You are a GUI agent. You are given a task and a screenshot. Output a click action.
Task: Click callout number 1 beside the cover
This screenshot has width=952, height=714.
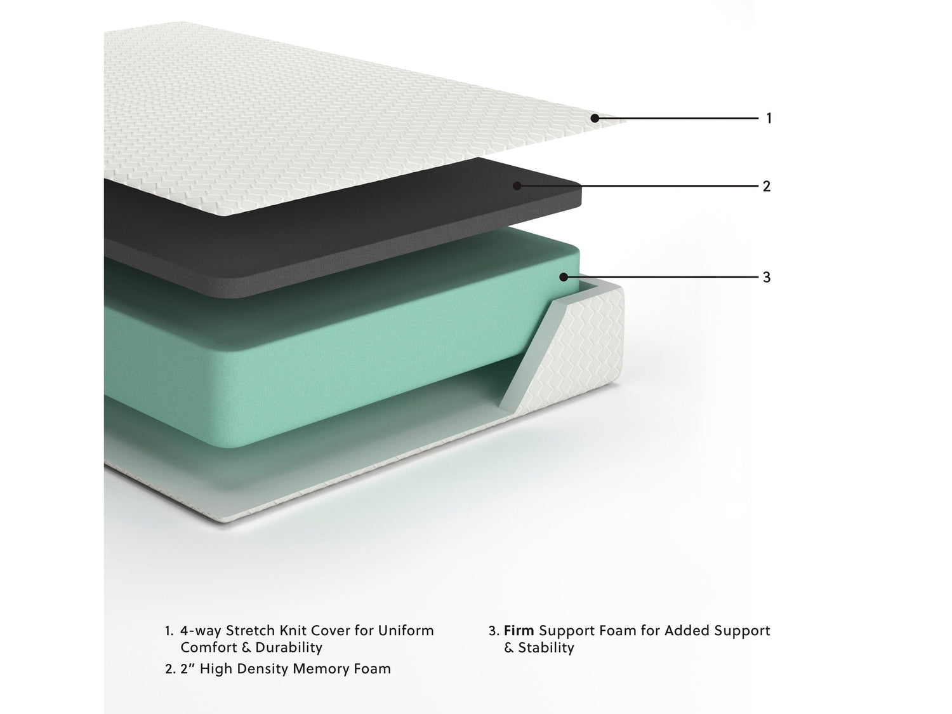[769, 118]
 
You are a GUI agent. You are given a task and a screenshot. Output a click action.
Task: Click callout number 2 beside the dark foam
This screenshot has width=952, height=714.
[767, 186]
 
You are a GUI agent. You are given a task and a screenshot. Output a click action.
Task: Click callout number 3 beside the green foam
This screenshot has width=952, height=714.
[767, 277]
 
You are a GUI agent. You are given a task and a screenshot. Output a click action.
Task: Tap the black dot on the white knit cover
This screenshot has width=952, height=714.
[595, 118]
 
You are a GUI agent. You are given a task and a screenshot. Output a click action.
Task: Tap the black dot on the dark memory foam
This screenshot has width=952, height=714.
[517, 186]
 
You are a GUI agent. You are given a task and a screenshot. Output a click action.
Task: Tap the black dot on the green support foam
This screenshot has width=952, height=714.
[564, 277]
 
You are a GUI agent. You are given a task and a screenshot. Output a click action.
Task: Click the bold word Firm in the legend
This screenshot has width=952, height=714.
[519, 631]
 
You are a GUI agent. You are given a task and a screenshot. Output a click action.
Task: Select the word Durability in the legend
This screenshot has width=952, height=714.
[289, 648]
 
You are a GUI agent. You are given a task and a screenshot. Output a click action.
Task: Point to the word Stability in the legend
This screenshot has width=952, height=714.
[546, 648]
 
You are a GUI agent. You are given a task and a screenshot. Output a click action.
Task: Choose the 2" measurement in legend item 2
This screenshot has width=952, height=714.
[187, 669]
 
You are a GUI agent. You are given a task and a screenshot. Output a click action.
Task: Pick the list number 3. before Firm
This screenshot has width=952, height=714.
[494, 631]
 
